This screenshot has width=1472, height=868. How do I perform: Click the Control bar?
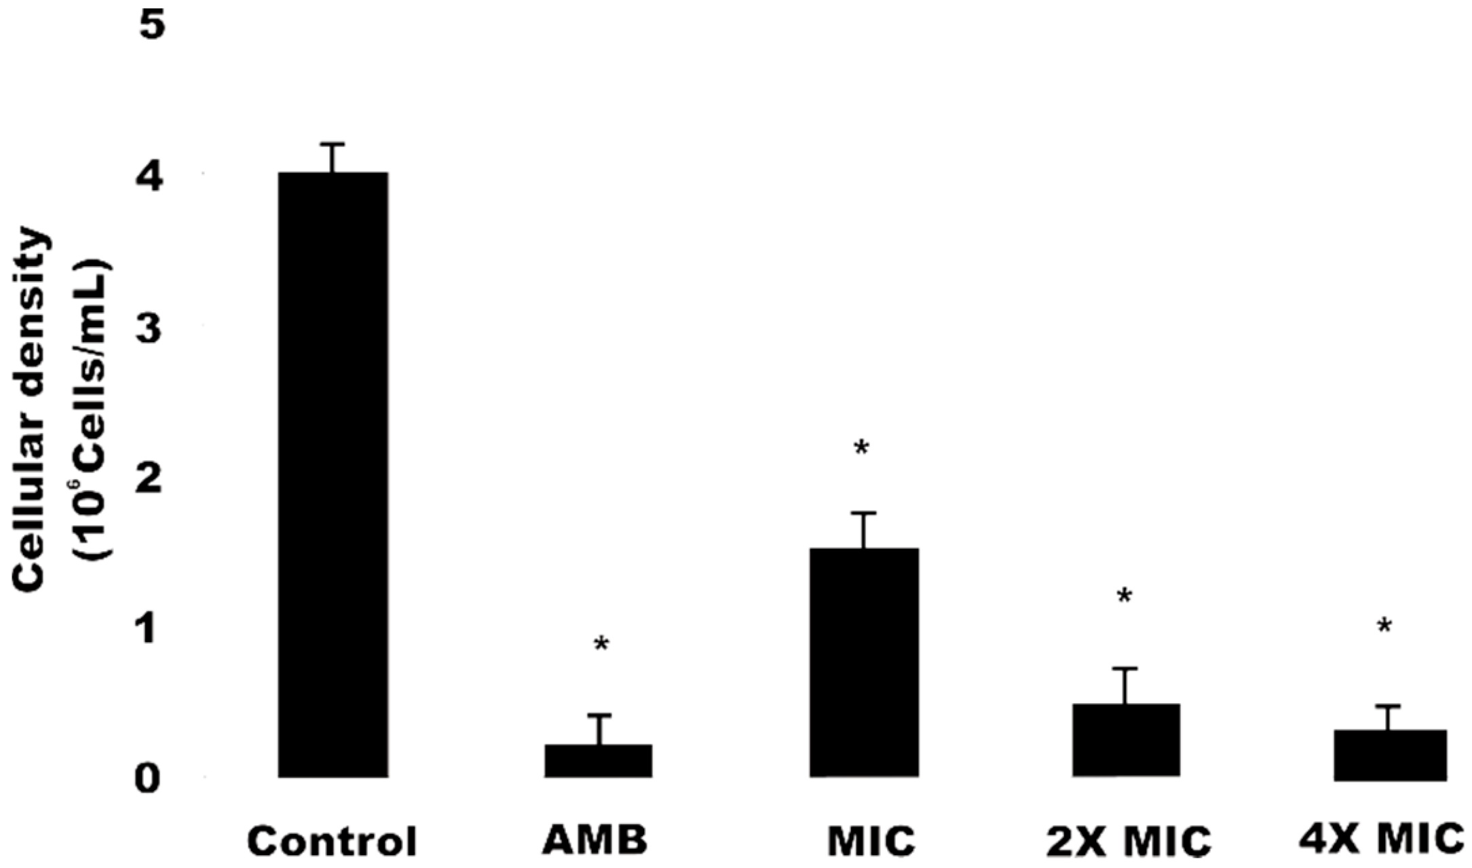[333, 475]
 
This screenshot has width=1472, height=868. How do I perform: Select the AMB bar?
[598, 761]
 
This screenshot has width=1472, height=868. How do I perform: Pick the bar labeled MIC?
[864, 662]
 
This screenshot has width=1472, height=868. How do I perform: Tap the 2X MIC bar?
[1126, 740]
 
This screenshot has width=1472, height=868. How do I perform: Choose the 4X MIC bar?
[1389, 755]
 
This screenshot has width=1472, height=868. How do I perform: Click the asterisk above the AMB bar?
[601, 644]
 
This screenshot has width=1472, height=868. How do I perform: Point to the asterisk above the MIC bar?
[861, 448]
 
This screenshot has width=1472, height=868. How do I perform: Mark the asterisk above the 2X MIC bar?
[1125, 597]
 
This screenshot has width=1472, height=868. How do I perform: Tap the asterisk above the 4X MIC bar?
[1384, 626]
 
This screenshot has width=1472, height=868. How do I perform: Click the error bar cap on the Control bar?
[333, 145]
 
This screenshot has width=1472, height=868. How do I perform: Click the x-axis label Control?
[332, 842]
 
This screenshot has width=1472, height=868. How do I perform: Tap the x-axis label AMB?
[595, 840]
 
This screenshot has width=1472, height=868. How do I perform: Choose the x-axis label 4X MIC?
[1382, 839]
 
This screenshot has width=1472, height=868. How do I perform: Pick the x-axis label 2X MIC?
[1128, 842]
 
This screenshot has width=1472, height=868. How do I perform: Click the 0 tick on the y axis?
[148, 780]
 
